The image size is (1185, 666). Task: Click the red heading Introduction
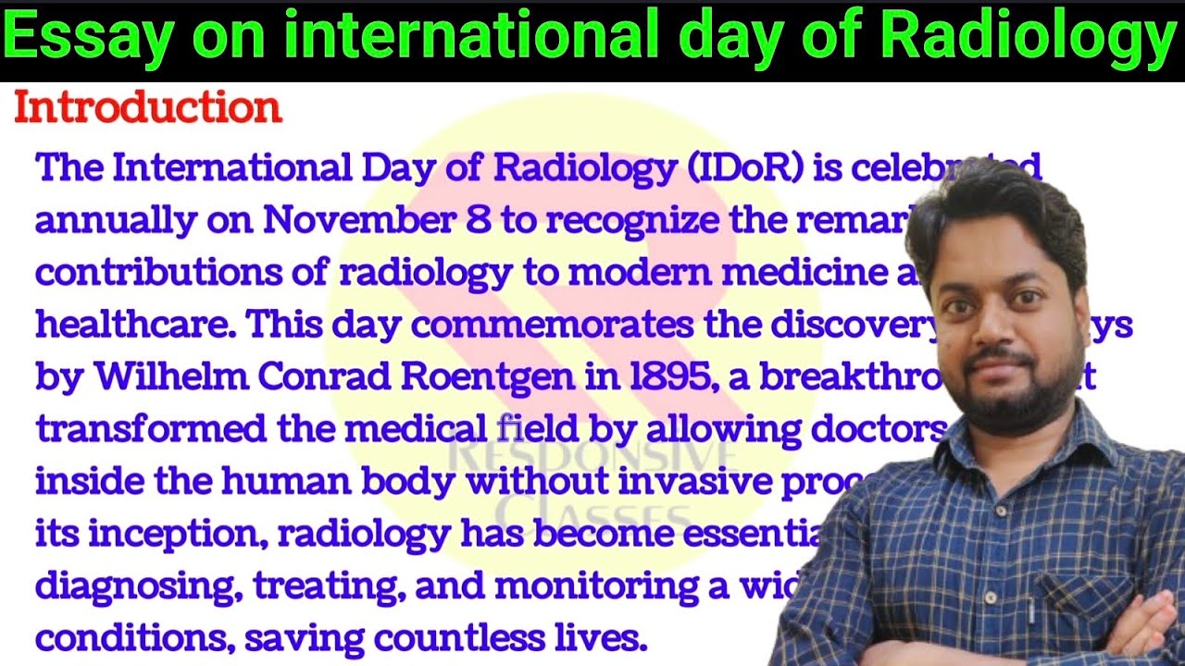coord(148,109)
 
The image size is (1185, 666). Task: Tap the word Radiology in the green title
coord(1027,39)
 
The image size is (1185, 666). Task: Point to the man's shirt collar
coord(1083,444)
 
